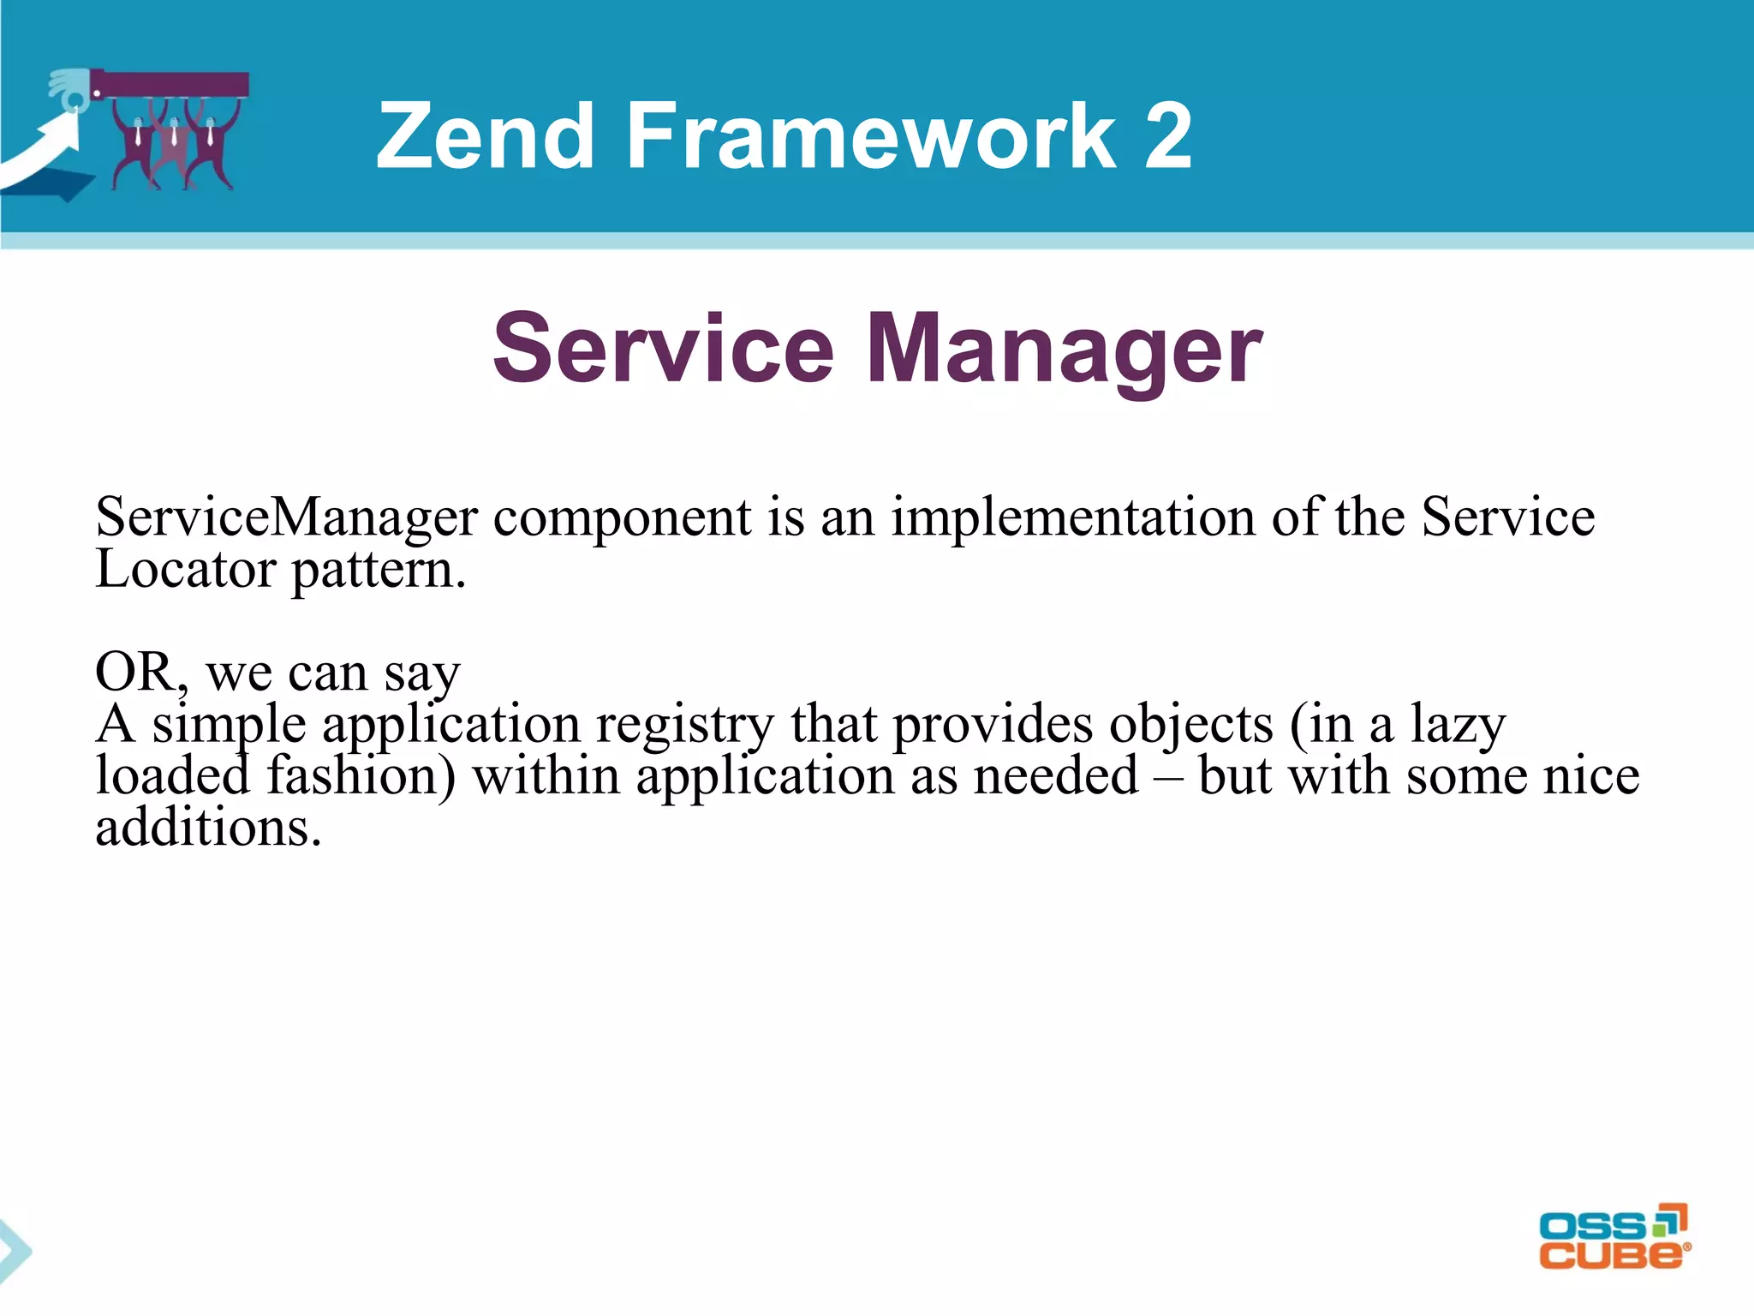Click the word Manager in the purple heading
pyautogui.click(x=1064, y=350)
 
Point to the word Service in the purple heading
pyautogui.click(x=663, y=350)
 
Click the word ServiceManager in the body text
pyautogui.click(x=286, y=517)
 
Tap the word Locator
pyautogui.click(x=184, y=569)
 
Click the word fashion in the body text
pyautogui.click(x=361, y=776)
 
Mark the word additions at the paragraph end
pyautogui.click(x=208, y=828)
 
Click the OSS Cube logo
pyautogui.click(x=1614, y=1237)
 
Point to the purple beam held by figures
pyautogui.click(x=171, y=85)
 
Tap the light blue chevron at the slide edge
pyautogui.click(x=15, y=1251)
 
